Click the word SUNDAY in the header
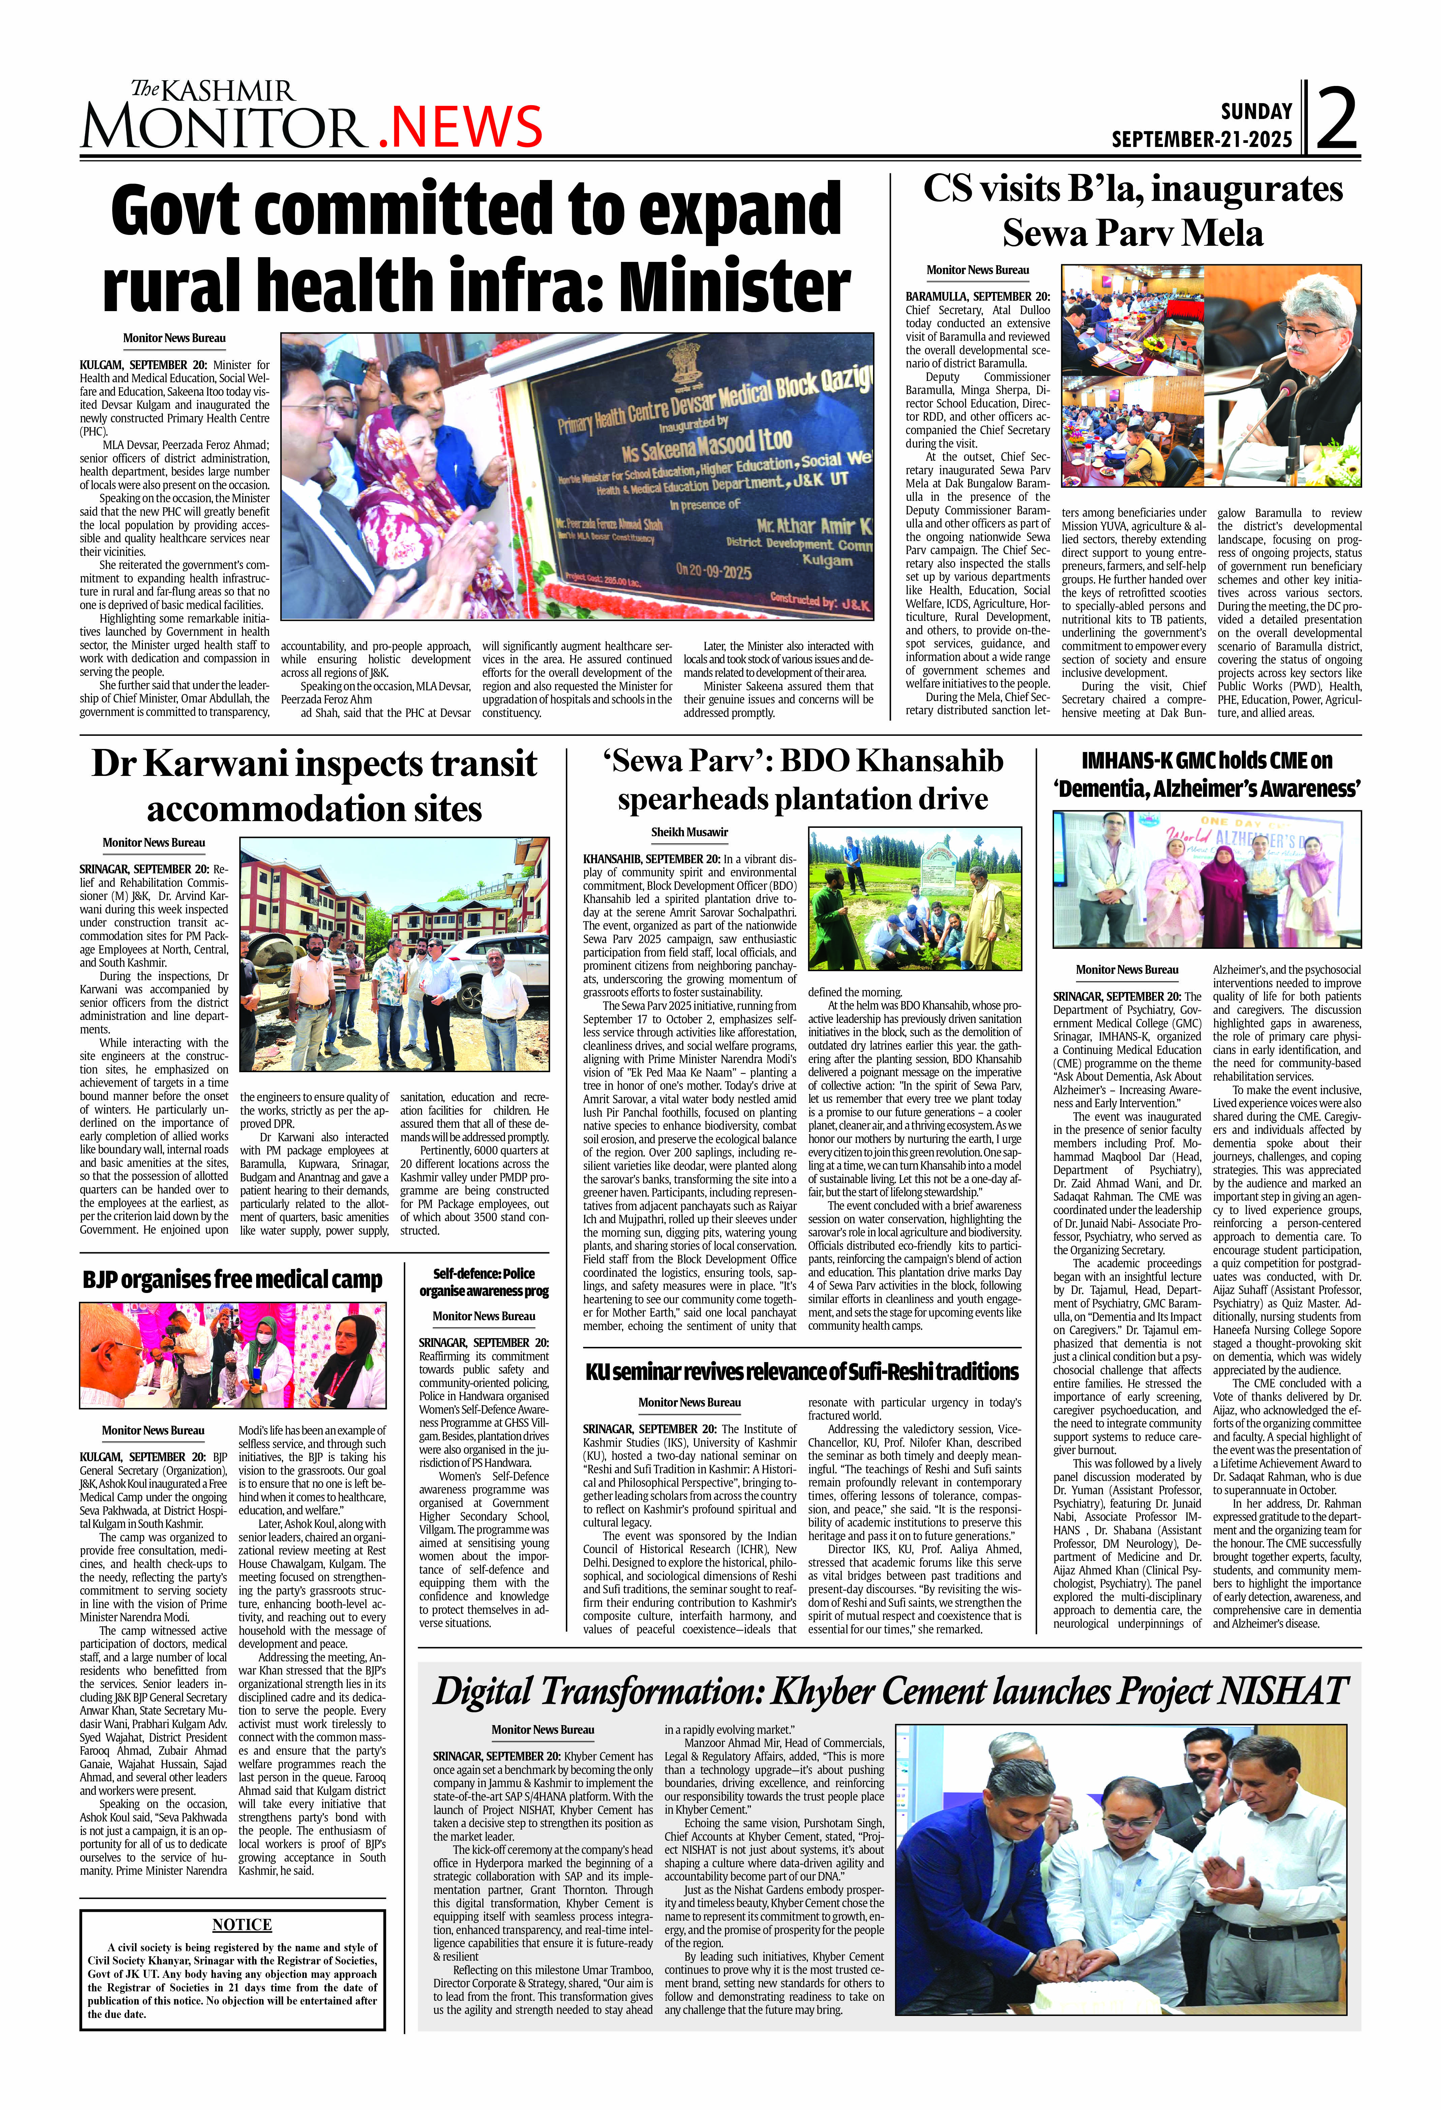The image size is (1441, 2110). pos(1256,112)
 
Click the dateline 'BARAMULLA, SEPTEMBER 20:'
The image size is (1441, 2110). pos(977,296)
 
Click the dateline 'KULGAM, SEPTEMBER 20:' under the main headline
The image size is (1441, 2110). pos(143,365)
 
